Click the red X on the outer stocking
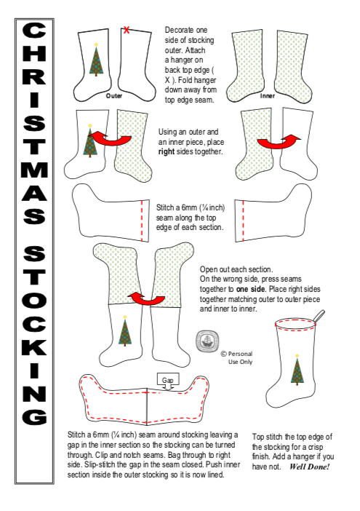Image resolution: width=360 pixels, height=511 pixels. click(x=127, y=30)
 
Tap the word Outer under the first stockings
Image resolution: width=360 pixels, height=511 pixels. click(x=114, y=96)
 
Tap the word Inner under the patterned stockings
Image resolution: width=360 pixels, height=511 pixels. click(x=267, y=96)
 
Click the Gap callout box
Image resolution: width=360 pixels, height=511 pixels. click(x=167, y=380)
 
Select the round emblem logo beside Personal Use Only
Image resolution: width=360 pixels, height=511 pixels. click(x=207, y=341)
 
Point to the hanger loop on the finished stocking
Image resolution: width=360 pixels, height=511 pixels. click(x=319, y=315)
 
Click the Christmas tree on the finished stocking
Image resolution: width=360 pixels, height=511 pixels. click(x=297, y=371)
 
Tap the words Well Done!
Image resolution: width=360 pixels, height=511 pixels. click(x=309, y=467)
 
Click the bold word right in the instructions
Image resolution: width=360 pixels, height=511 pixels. click(x=167, y=152)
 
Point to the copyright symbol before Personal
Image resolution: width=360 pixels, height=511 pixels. click(x=223, y=354)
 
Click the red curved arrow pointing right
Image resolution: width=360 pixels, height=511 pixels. click(x=279, y=142)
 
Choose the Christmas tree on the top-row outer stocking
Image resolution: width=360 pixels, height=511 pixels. click(x=96, y=60)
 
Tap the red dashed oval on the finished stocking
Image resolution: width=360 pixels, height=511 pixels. click(x=295, y=324)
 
